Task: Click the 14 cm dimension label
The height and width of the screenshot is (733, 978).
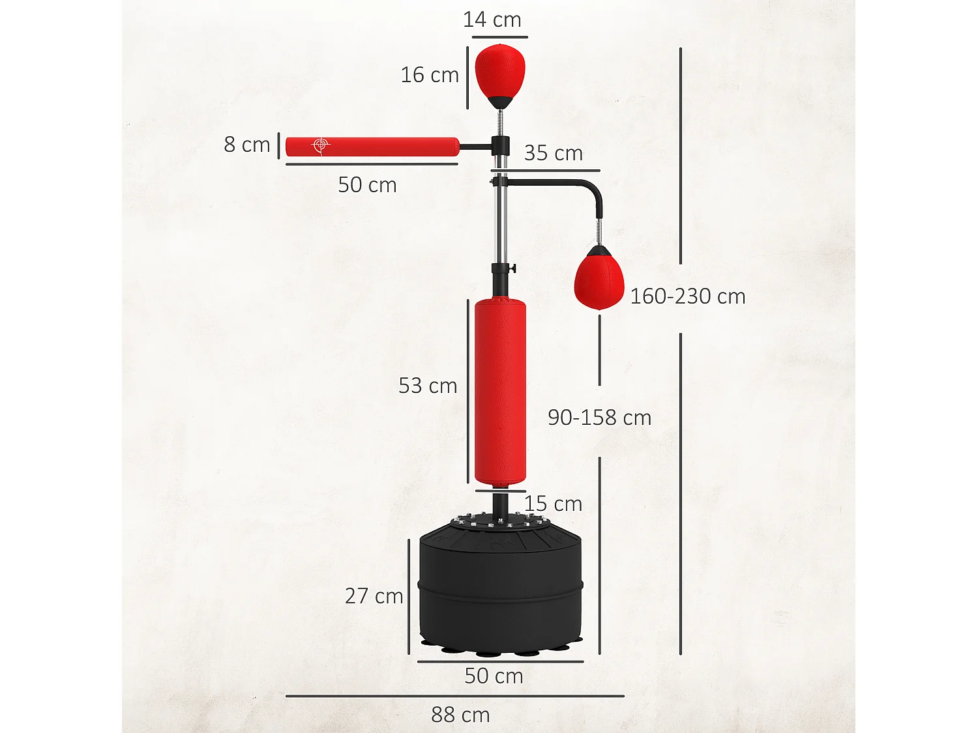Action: coord(492,20)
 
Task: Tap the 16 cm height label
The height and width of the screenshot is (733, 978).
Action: coord(430,75)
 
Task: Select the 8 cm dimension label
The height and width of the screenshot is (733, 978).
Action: coord(246,145)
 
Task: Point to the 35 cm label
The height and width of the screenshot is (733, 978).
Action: coord(553,153)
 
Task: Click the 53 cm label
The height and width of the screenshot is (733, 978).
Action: coord(428,386)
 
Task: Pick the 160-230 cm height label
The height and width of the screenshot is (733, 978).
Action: coord(687,296)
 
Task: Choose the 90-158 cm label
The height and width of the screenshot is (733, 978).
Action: coord(599,418)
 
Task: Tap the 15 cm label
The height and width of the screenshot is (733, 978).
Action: coord(553,504)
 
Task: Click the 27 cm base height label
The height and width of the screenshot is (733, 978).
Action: coord(374,596)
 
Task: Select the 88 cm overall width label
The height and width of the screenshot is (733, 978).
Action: coord(460,715)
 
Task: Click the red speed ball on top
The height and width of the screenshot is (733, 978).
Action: coord(499,70)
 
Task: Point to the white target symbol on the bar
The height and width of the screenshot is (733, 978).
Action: coord(320,145)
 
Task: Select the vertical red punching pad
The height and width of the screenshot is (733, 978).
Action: coord(499,391)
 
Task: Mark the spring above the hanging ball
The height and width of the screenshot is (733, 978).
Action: coord(599,231)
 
